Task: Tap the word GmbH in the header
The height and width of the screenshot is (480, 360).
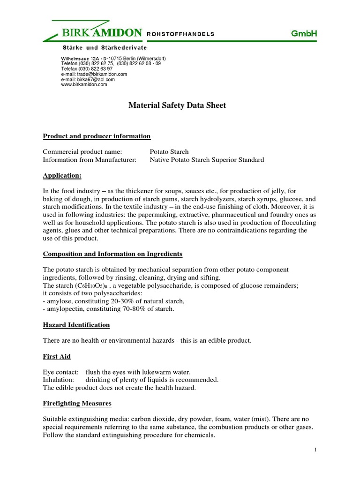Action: click(304, 33)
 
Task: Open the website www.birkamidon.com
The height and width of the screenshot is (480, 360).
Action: click(84, 84)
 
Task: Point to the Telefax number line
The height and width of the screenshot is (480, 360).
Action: click(88, 68)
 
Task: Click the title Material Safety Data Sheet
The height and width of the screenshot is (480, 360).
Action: click(177, 105)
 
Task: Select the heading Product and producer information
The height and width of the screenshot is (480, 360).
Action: click(97, 136)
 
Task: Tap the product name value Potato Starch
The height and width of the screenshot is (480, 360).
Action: click(169, 152)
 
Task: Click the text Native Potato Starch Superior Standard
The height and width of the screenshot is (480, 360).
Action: click(207, 160)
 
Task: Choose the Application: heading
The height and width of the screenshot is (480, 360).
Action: click(62, 175)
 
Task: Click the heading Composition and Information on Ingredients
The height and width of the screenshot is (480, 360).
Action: click(112, 254)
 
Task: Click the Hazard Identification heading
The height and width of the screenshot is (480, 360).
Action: click(76, 325)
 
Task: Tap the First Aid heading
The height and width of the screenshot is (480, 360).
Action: click(57, 357)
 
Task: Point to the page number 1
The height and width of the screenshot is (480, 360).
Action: click(316, 450)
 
